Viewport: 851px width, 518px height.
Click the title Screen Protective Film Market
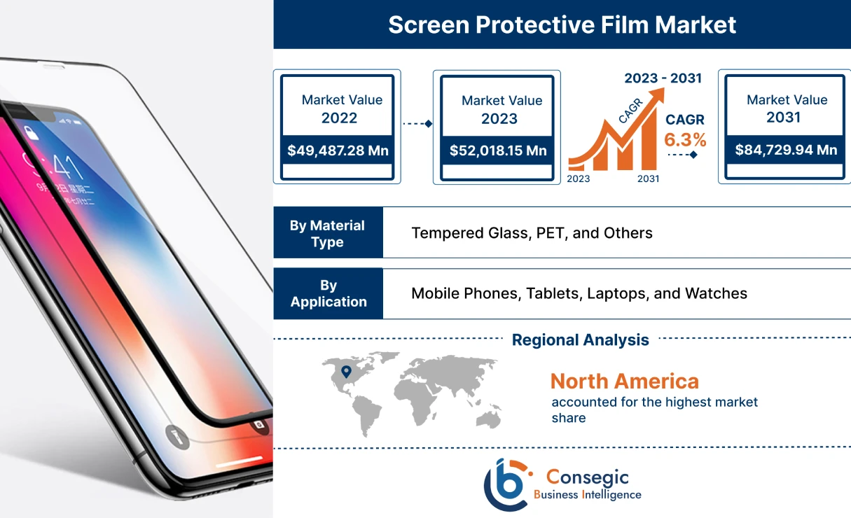pos(562,25)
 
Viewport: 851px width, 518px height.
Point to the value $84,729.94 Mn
pos(786,150)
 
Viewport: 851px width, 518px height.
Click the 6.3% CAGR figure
pos(685,140)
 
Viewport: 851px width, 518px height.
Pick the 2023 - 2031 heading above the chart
pos(663,78)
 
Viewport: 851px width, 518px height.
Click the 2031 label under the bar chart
pos(648,178)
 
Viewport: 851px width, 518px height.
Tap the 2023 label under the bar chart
pos(578,178)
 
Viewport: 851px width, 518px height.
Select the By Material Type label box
pos(328,233)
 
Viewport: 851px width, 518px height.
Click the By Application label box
pos(328,294)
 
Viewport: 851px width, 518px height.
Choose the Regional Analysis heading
pos(580,340)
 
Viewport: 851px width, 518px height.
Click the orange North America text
pos(624,381)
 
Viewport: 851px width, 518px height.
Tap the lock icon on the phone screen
pos(30,133)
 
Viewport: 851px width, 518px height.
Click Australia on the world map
pos(488,417)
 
